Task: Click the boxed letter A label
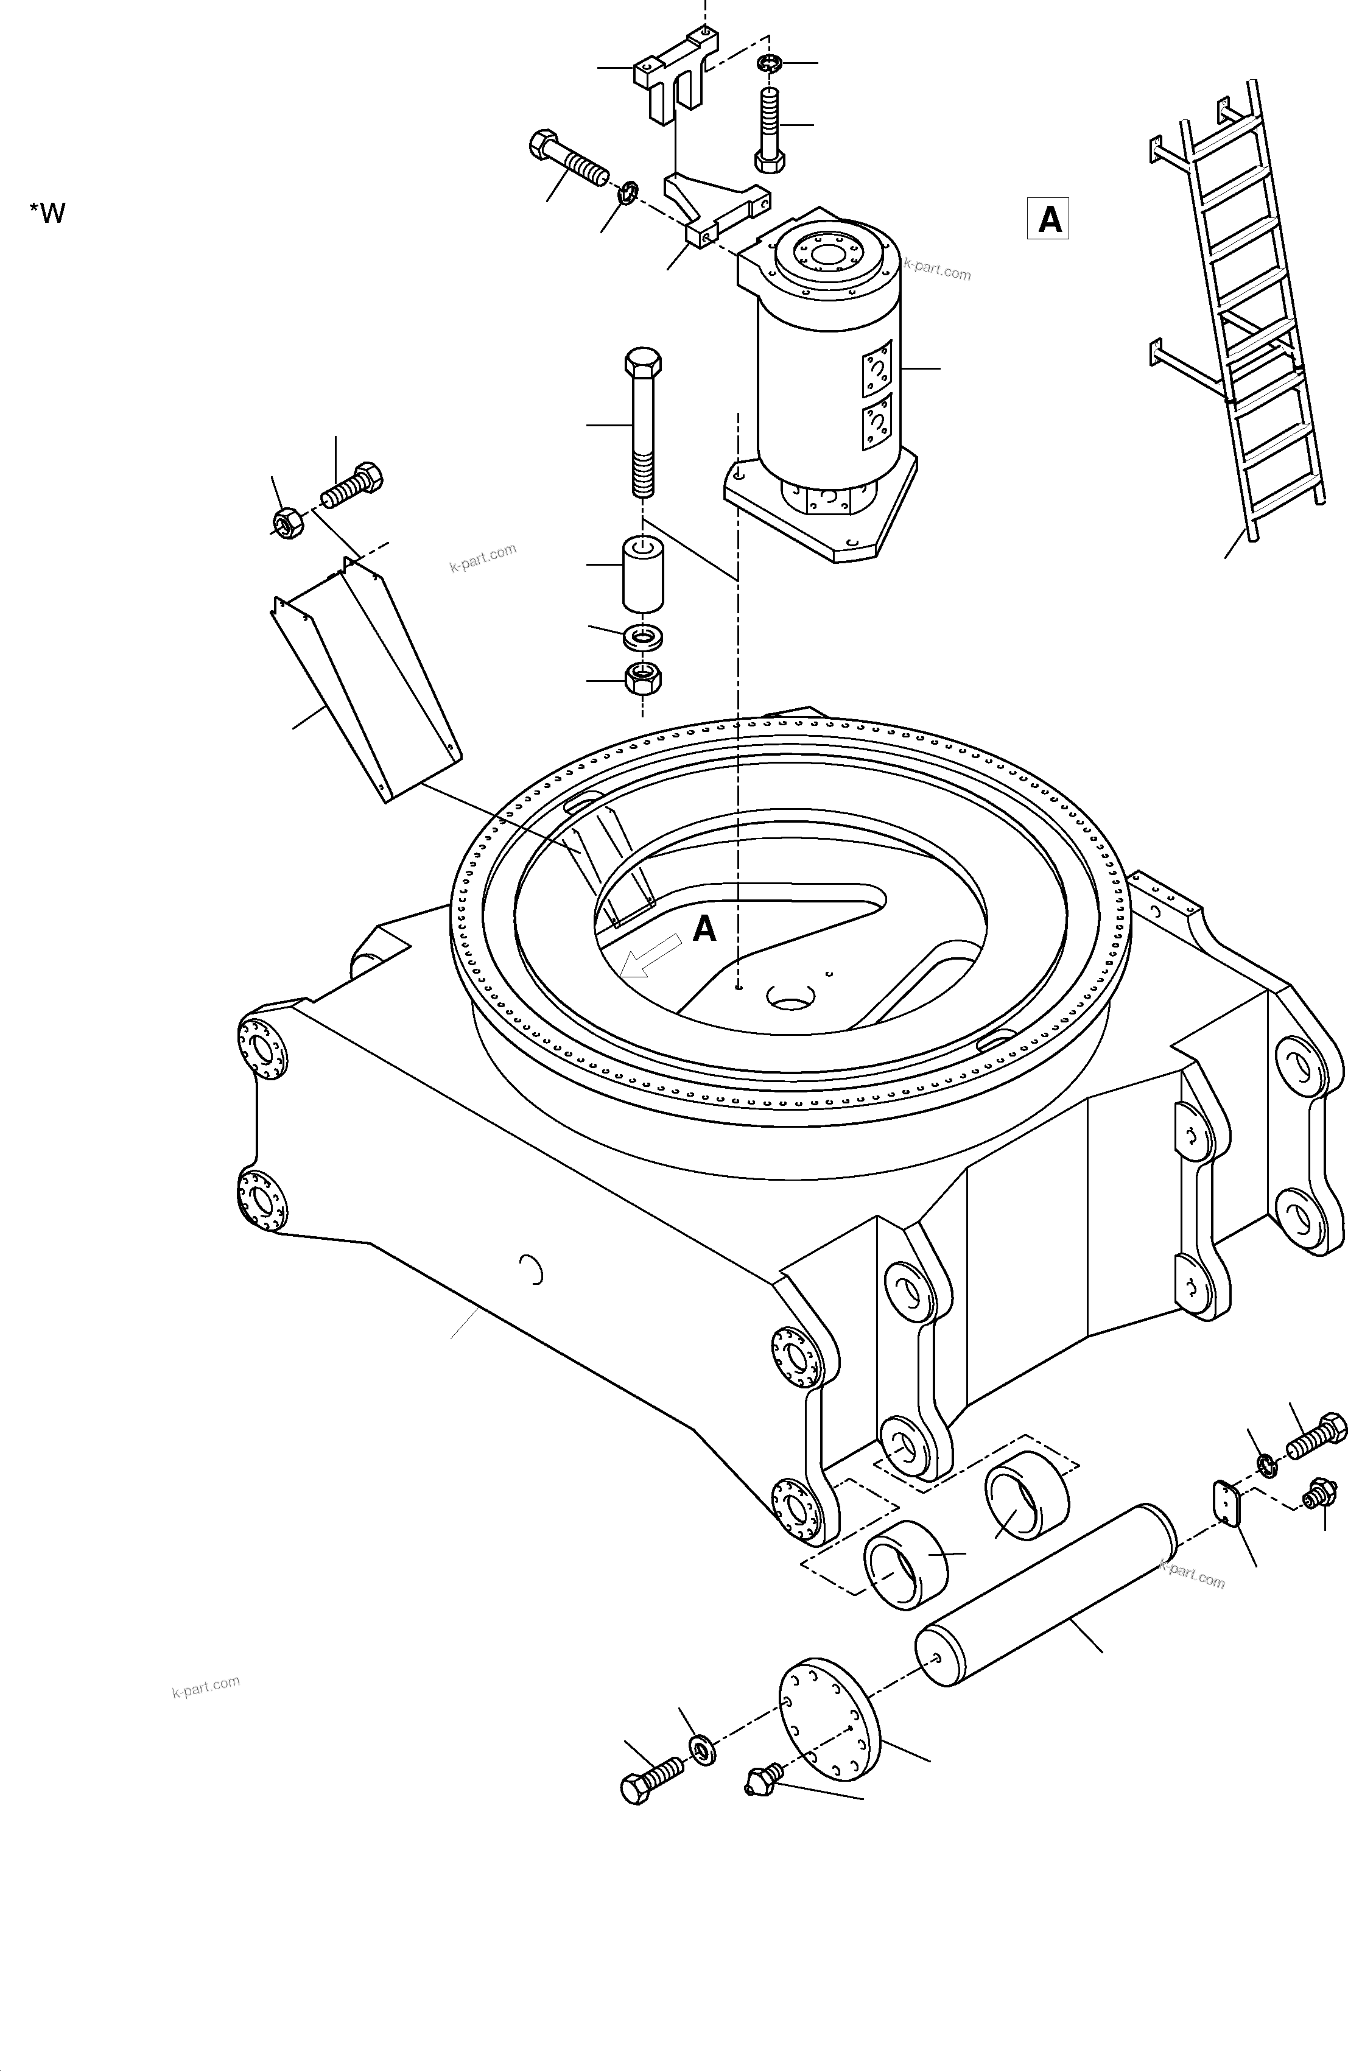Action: [1048, 219]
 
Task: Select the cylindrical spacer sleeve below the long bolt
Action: [642, 574]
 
